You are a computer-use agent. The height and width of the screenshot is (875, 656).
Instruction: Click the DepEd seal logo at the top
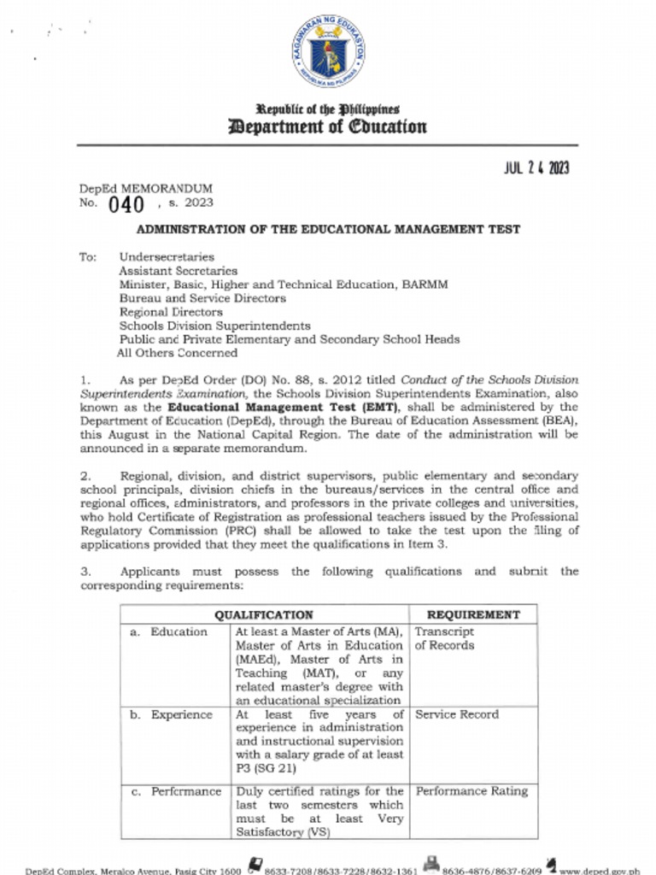click(328, 52)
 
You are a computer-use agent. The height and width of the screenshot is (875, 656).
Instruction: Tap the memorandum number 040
click(126, 204)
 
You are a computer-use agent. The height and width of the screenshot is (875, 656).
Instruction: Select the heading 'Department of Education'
click(327, 127)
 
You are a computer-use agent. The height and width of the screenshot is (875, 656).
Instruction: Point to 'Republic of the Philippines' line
click(327, 109)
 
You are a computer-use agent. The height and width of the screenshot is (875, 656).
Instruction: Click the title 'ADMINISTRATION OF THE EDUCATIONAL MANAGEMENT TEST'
click(329, 229)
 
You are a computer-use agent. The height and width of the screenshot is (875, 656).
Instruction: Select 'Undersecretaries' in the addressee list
click(167, 256)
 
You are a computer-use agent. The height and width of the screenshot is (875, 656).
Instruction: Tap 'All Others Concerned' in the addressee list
click(178, 353)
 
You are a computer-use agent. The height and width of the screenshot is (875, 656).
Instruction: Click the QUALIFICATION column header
click(263, 614)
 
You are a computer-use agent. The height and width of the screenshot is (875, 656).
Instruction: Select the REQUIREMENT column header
click(473, 614)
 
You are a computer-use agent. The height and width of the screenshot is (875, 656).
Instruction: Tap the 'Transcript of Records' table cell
click(444, 638)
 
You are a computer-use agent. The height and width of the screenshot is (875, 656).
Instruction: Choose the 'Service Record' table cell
click(456, 714)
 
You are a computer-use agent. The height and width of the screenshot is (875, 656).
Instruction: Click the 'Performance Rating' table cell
click(471, 791)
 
